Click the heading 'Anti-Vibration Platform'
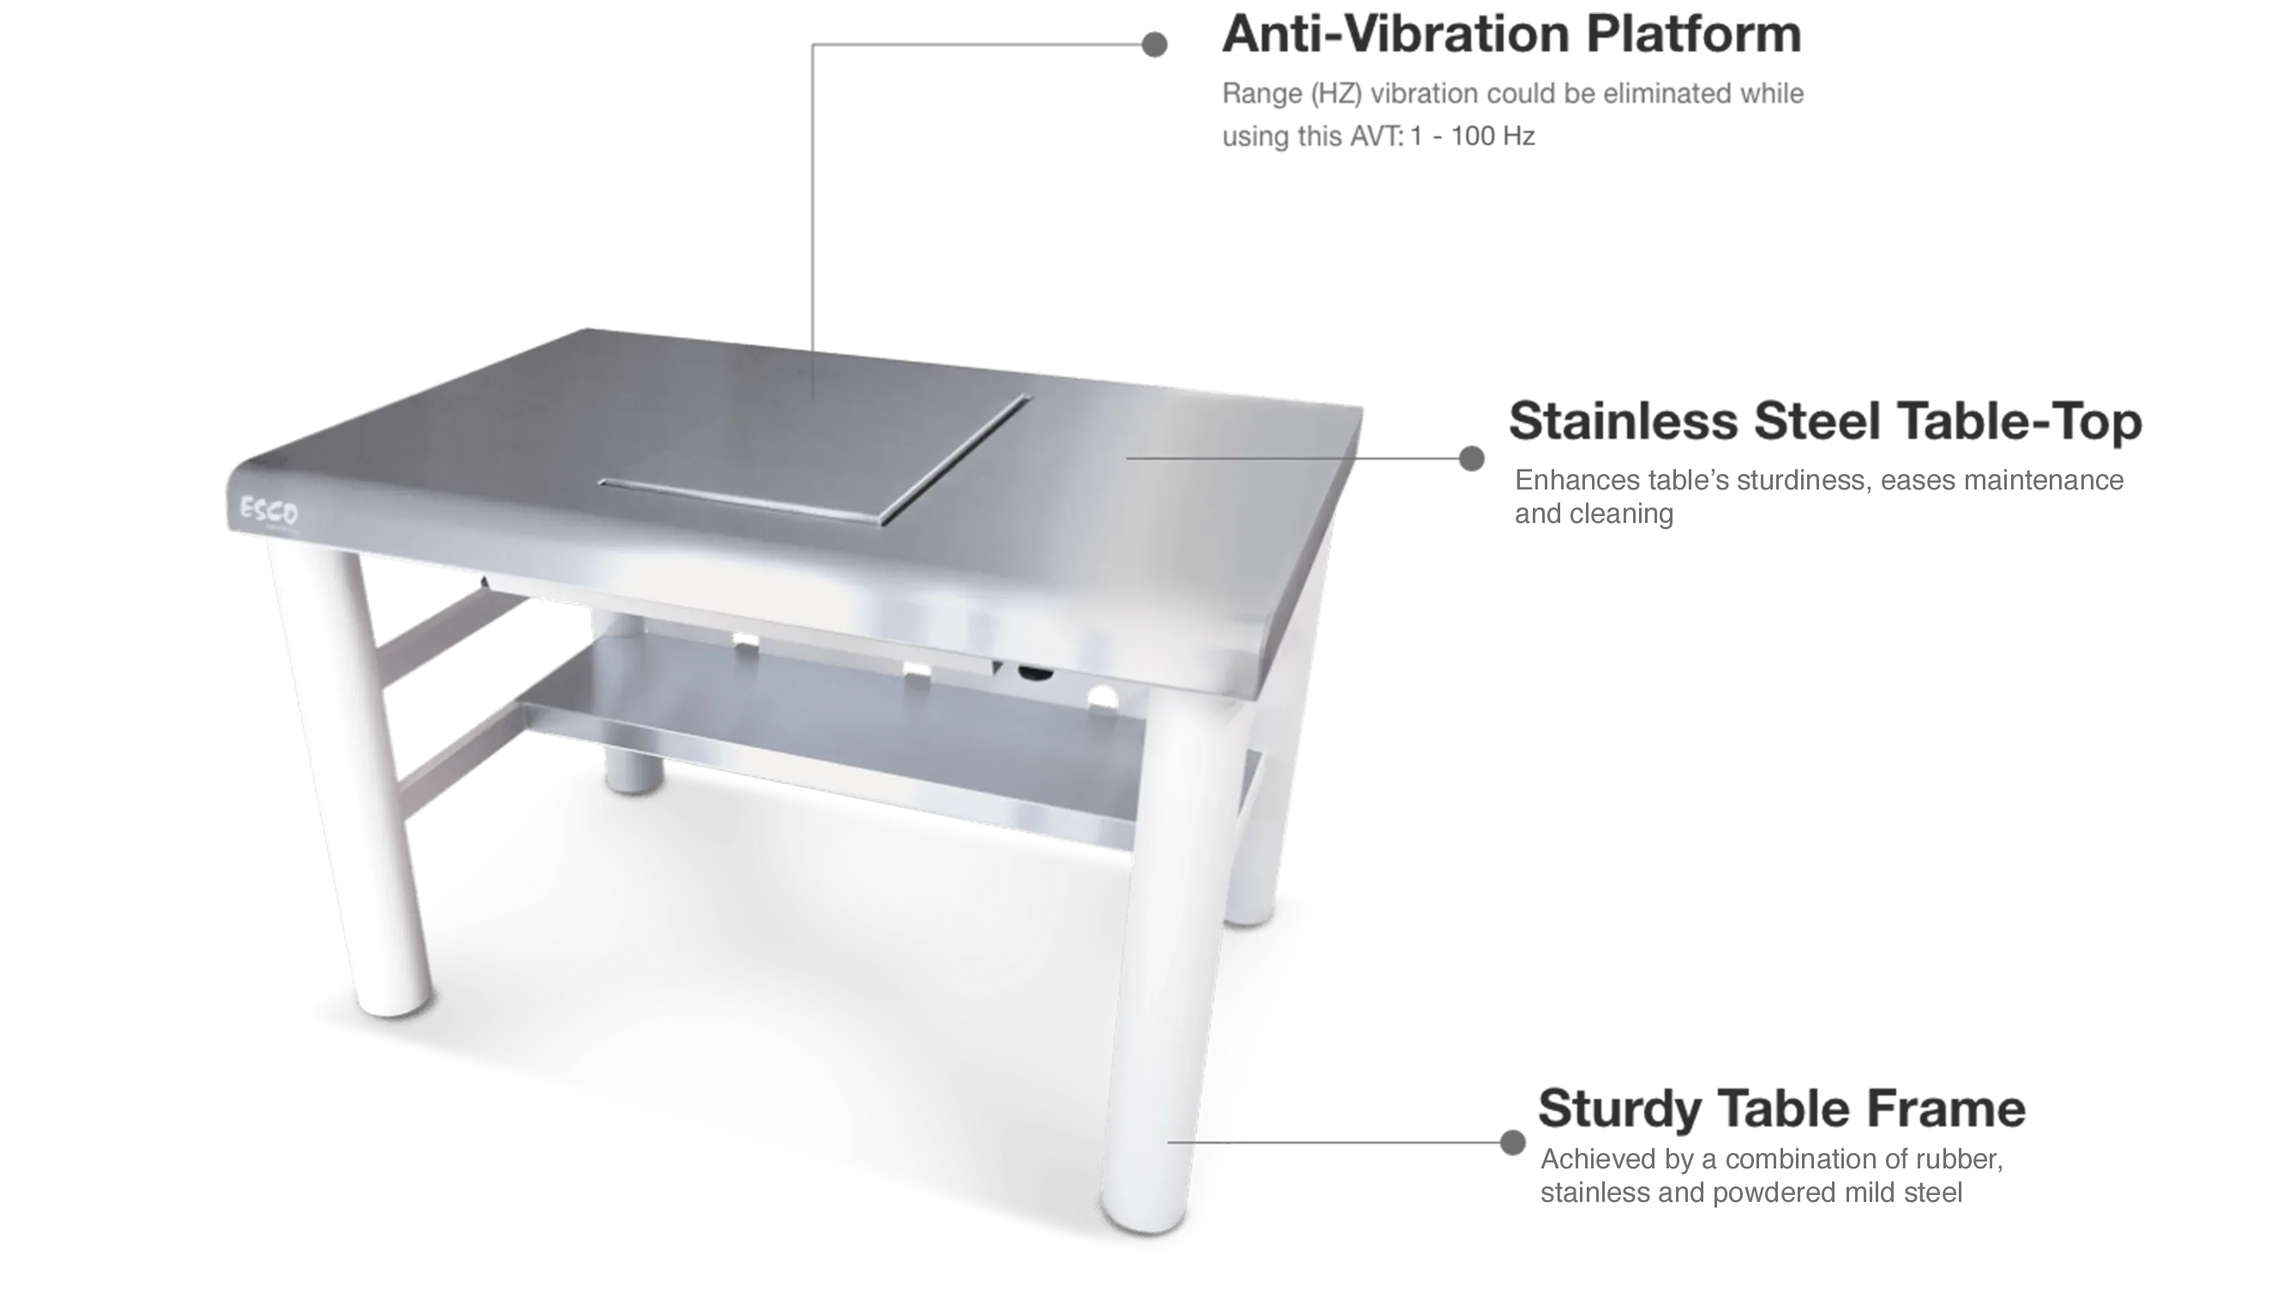pyautogui.click(x=1510, y=35)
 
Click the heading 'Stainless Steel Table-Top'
pyautogui.click(x=1824, y=423)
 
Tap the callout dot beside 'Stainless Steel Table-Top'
pyautogui.click(x=1473, y=457)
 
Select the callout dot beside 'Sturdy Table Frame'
pyautogui.click(x=1511, y=1141)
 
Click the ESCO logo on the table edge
pyautogui.click(x=270, y=513)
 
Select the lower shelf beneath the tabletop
pyautogui.click(x=825, y=736)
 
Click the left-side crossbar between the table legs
pyautogui.click(x=443, y=629)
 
